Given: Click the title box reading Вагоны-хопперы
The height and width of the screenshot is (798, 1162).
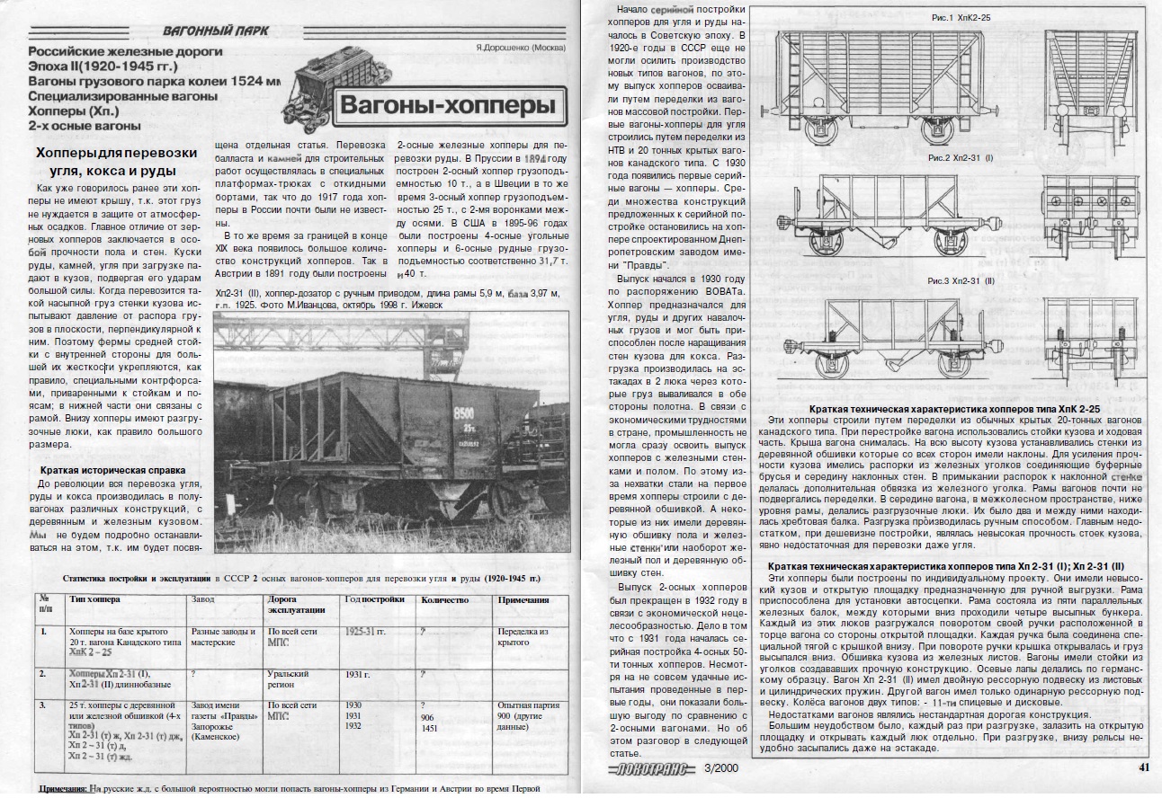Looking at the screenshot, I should click(x=448, y=109).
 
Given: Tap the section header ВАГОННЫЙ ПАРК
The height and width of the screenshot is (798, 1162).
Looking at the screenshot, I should click(x=216, y=31).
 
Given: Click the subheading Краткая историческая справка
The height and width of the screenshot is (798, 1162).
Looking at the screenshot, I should click(x=112, y=470).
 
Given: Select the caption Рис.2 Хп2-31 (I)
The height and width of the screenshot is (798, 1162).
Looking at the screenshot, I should click(x=961, y=159).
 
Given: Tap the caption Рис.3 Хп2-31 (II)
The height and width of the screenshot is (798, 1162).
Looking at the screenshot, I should click(x=961, y=282).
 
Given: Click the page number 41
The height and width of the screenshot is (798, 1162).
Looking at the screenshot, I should click(x=1144, y=767).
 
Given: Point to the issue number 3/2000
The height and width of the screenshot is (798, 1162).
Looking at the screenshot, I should click(x=724, y=767).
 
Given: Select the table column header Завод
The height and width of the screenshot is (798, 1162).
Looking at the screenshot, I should click(x=204, y=599).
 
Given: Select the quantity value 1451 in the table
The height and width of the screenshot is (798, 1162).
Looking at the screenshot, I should click(x=429, y=729).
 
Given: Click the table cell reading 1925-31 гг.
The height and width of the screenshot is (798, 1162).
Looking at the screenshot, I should click(x=365, y=632).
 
